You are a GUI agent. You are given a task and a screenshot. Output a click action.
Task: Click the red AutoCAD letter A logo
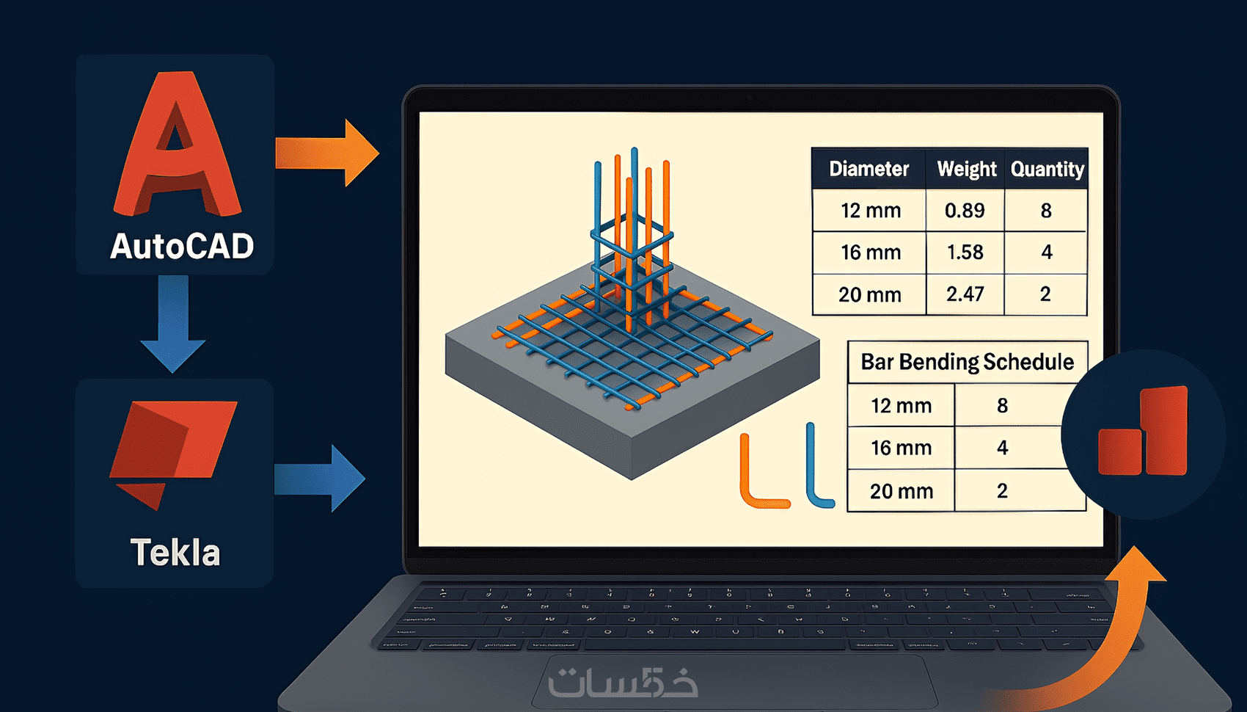coord(176,147)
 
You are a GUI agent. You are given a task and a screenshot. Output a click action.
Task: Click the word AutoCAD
coord(182,247)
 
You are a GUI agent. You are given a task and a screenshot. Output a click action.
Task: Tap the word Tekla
coord(175,553)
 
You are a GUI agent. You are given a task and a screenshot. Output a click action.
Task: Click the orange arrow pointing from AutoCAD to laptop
coord(327,153)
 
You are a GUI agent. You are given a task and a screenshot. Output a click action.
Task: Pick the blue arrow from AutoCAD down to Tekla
coord(173,323)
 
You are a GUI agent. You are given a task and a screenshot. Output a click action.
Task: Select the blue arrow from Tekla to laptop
coord(320,479)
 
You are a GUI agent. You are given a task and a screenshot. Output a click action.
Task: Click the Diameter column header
coord(868,170)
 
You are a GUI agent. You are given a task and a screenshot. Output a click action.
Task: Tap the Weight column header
coord(966,170)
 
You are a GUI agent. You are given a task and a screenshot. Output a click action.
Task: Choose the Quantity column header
coord(1047,170)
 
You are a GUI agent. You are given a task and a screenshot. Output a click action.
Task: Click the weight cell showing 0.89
coord(965,211)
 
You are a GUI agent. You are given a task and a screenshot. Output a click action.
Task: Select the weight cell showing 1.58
coord(965,253)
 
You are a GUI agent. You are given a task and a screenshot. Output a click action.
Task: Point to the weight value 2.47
coord(965,294)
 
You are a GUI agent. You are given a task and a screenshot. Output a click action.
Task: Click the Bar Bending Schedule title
coord(967,362)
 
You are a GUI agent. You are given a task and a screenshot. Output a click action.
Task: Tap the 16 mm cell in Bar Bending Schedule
coord(901,448)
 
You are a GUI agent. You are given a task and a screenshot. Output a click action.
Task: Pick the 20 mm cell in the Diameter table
coord(869,294)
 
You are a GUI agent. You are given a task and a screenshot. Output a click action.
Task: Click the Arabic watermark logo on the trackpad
coord(623,683)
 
